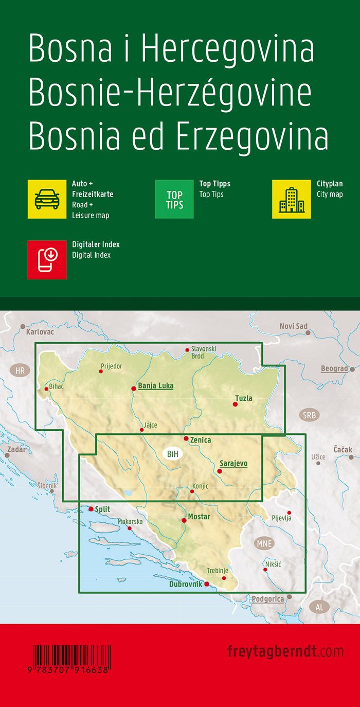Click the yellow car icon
pos(47,199)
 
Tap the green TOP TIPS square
pos(174,199)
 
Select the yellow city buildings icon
pos(292,199)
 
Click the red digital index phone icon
pos(47,259)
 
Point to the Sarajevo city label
pos(233,463)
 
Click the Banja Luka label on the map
pos(156,385)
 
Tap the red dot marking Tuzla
pos(236,404)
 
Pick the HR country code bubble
pos(20,370)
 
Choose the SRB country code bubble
pos(310,415)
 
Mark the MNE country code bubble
pos(264,543)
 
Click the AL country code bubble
pos(319,607)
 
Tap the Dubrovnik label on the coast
pos(186,584)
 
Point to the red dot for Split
pos(91,509)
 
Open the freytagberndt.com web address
pos(285,651)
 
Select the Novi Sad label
pos(293,326)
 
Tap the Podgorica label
pos(267,599)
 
